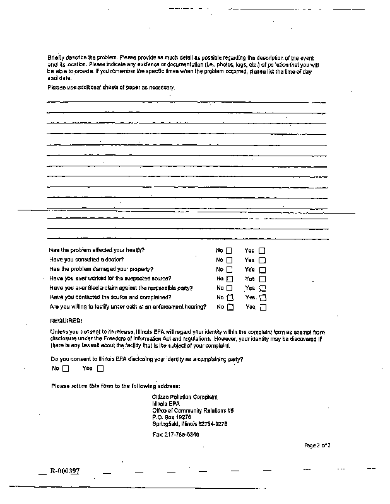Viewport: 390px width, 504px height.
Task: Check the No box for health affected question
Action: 229,250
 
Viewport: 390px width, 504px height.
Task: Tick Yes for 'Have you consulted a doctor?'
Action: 262,260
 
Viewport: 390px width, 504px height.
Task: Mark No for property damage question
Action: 229,269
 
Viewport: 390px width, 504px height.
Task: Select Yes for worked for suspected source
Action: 262,278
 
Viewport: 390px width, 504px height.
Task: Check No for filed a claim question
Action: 230,288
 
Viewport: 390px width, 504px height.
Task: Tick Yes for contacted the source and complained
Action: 263,297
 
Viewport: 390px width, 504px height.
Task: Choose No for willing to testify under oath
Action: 230,307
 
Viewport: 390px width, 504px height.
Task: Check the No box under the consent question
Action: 66,369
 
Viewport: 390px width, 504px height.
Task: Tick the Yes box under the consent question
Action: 100,369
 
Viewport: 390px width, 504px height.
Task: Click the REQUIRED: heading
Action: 66,321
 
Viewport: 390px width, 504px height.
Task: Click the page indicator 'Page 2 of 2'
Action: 317,445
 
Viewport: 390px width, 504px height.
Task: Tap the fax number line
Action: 176,435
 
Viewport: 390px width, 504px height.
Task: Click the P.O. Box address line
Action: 172,417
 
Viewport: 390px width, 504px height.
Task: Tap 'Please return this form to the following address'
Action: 115,385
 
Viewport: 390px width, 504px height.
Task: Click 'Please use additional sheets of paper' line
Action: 110,86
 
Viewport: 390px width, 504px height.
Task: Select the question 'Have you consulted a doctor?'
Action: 86,260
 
